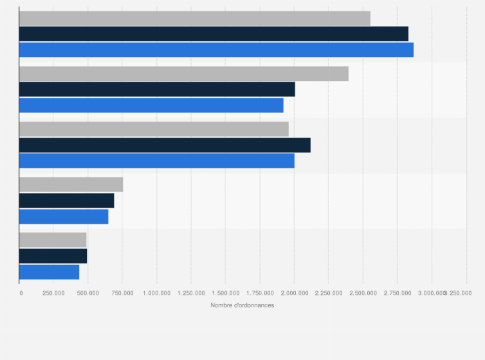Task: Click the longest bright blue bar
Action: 216,50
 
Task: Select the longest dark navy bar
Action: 214,34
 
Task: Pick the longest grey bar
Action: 195,18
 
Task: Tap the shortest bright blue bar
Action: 50,272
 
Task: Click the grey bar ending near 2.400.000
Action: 184,74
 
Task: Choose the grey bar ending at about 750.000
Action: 71,184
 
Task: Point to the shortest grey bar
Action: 53,240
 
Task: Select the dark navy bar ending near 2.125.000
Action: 165,145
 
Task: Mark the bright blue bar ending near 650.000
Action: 64,217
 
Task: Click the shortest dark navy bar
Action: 53,256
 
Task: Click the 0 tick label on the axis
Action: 21,293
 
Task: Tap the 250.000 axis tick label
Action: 53,293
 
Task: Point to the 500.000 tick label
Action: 88,293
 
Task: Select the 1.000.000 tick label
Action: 156,293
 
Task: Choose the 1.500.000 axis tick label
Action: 225,293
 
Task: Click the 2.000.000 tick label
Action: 294,293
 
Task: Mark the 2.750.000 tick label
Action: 397,293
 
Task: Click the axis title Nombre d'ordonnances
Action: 242,305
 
